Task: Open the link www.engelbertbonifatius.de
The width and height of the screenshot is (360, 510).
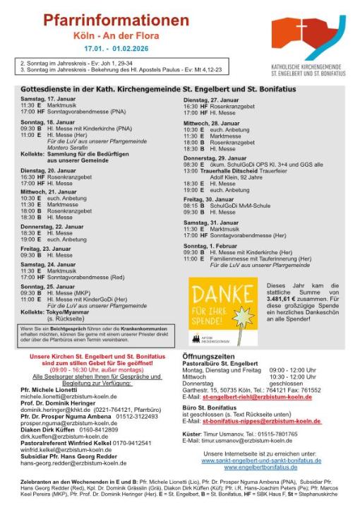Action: [261, 467]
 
